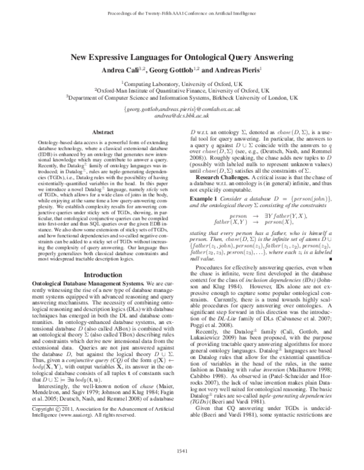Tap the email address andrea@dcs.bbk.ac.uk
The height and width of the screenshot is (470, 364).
[x=182, y=114]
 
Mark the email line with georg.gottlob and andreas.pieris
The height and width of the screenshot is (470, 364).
[x=182, y=108]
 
